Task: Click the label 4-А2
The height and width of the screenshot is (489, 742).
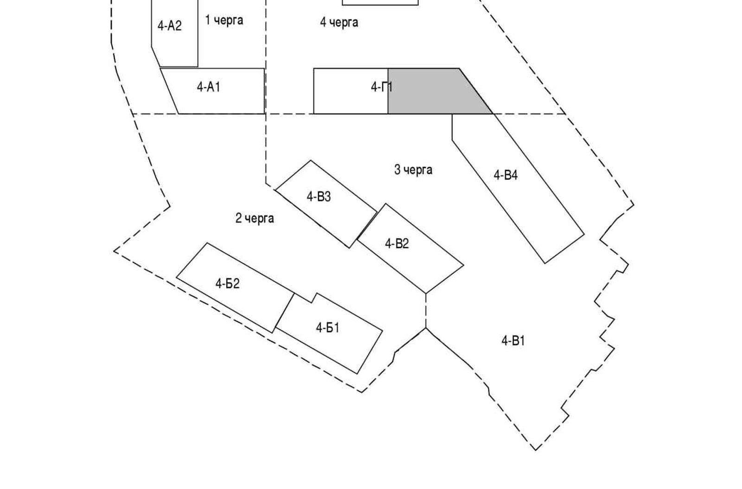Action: point(169,26)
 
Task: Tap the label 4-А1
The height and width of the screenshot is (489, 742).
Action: point(208,87)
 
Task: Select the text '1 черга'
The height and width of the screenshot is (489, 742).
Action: point(224,20)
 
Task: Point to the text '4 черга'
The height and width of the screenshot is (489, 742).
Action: point(339,22)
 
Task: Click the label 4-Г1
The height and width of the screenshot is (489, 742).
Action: point(382,87)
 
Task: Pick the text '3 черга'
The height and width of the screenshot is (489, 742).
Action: point(413,170)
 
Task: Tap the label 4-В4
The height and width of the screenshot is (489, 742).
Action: point(505,175)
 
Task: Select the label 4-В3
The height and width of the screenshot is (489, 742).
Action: point(319,197)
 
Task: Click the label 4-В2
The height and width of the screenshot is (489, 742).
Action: point(397,244)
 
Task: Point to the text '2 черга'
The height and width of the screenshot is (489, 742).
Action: point(255,218)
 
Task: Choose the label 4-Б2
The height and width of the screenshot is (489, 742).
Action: point(227,283)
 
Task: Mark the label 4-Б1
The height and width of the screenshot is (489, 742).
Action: point(327,328)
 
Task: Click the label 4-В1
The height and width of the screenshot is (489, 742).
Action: point(513,341)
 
